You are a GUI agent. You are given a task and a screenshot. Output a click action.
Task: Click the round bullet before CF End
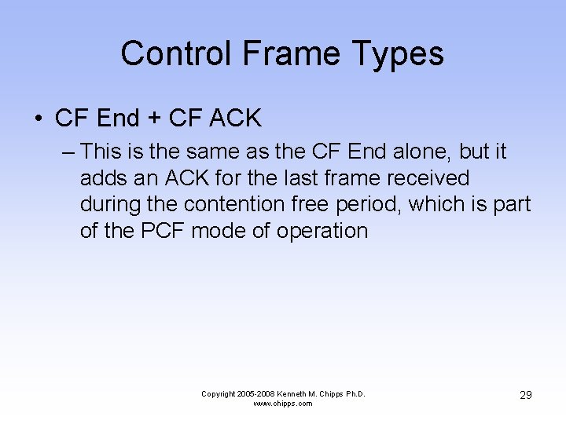click(x=39, y=119)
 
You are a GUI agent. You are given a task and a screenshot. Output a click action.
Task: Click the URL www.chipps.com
click(x=282, y=404)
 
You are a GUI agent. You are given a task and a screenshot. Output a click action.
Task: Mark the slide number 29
click(x=525, y=395)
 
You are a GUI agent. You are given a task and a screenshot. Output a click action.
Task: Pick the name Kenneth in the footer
click(x=296, y=393)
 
